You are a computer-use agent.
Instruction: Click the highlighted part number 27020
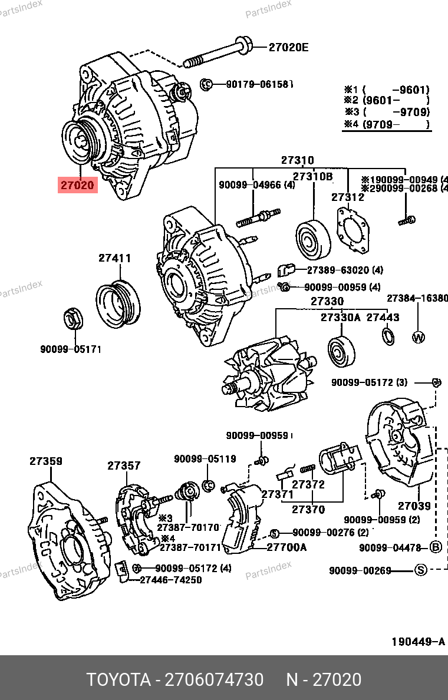tap(76, 185)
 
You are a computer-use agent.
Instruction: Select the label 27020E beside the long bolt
tap(288, 47)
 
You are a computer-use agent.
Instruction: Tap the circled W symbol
tap(418, 338)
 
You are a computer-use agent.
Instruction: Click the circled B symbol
tap(436, 547)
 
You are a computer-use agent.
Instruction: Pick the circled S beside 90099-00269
tap(420, 570)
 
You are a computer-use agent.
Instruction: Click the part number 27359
tap(46, 461)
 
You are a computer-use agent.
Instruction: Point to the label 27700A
tap(286, 547)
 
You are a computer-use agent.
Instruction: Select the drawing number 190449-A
tap(418, 641)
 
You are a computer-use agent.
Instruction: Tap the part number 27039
tap(414, 506)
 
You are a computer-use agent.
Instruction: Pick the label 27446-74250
tap(171, 580)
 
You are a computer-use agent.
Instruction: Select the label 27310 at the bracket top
tap(297, 160)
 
